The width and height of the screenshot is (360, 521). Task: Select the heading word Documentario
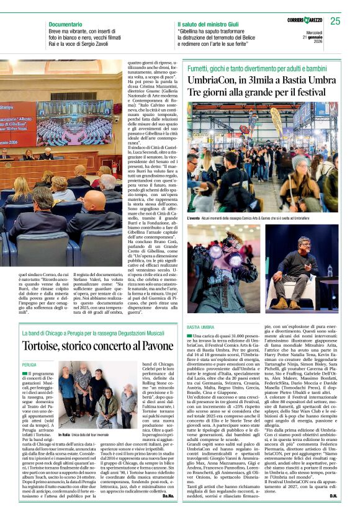[x=65, y=24]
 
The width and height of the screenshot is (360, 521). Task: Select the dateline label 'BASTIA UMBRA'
[x=200, y=326]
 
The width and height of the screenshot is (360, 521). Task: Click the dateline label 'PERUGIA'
[x=29, y=365]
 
